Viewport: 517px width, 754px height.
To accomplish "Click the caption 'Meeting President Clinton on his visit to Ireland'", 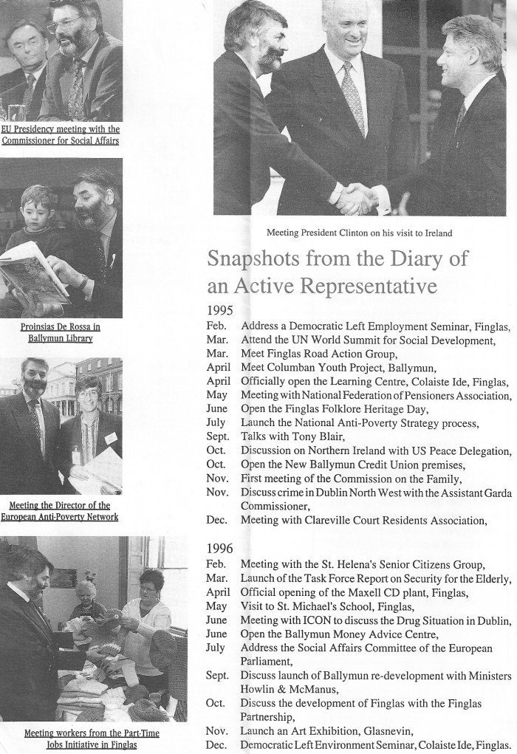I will pos(359,233).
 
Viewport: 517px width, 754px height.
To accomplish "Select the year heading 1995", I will pos(219,311).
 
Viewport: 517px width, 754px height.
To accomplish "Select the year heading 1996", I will pos(219,549).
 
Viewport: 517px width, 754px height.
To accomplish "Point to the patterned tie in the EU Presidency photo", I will pos(76,89).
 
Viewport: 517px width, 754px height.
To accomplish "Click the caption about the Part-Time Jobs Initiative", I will pos(92,738).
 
